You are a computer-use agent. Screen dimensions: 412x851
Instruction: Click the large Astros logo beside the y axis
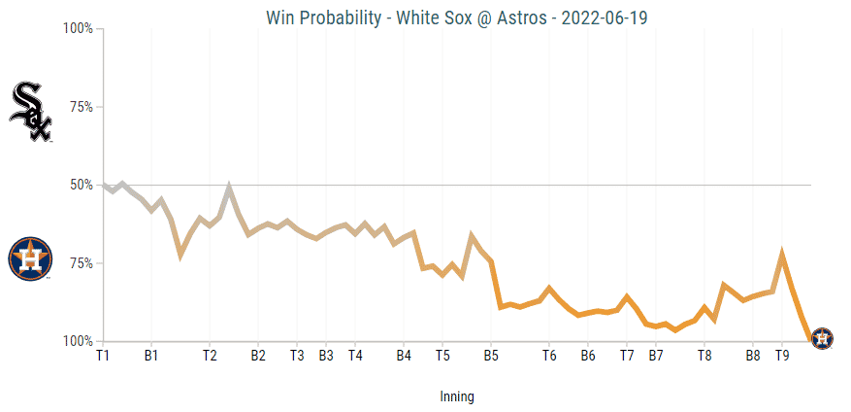click(x=30, y=258)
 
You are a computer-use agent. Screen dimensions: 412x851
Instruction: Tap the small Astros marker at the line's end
click(x=822, y=339)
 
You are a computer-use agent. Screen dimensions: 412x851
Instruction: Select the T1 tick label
click(x=103, y=357)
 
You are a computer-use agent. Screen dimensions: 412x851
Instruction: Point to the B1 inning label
click(x=151, y=357)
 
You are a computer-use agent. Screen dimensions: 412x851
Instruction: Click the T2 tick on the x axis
click(x=210, y=357)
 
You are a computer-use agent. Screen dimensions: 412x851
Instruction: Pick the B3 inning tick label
click(x=326, y=357)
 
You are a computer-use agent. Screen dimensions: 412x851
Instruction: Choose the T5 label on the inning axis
click(x=442, y=357)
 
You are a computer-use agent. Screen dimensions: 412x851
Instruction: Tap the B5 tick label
click(x=491, y=357)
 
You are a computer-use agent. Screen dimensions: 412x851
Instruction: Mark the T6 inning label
click(x=549, y=357)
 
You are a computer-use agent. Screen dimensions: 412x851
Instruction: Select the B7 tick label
click(x=656, y=357)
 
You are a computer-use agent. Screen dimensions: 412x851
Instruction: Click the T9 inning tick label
click(x=782, y=357)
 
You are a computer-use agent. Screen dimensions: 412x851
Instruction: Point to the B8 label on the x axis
click(x=753, y=357)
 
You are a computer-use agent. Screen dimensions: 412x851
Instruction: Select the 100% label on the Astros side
click(x=77, y=341)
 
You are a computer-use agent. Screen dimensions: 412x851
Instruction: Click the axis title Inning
click(x=457, y=396)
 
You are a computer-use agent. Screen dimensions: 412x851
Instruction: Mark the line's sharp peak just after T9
click(x=782, y=255)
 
